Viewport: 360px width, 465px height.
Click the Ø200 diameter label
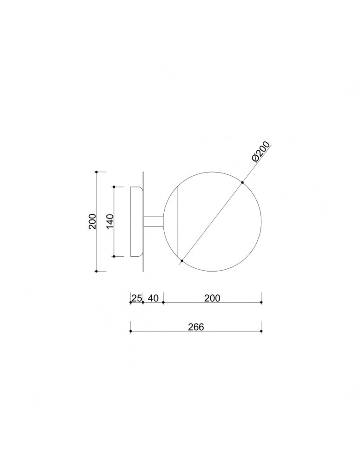pyautogui.click(x=262, y=152)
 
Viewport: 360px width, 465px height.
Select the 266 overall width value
pyautogui.click(x=196, y=326)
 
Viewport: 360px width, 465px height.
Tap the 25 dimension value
pyautogui.click(x=136, y=298)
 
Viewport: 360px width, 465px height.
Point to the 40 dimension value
pyautogui.click(x=153, y=298)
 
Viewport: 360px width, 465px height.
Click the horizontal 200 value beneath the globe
pyautogui.click(x=212, y=298)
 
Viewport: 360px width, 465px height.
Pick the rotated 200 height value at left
pyautogui.click(x=93, y=221)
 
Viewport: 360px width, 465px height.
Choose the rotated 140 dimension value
pyautogui.click(x=110, y=221)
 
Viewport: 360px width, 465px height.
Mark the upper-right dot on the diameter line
pyautogui.click(x=242, y=182)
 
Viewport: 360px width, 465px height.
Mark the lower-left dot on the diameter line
pyautogui.click(x=181, y=260)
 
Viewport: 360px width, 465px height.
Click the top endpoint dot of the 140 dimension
pyautogui.click(x=114, y=187)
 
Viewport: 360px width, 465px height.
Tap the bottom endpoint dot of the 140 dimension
pyautogui.click(x=114, y=256)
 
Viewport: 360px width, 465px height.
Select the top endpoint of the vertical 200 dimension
pyautogui.click(x=96, y=172)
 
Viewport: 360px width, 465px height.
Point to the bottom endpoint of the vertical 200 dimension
pyautogui.click(x=96, y=271)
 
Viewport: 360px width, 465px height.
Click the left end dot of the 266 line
pyautogui.click(x=131, y=331)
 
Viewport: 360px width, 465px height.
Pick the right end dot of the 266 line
pyautogui.click(x=261, y=331)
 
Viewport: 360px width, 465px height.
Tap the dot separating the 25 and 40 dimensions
pyautogui.click(x=143, y=302)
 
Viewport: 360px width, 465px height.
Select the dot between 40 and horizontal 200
pyautogui.click(x=163, y=302)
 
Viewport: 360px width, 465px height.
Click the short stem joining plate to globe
pyautogui.click(x=153, y=221)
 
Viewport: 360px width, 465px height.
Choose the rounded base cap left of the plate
pyautogui.click(x=136, y=221)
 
